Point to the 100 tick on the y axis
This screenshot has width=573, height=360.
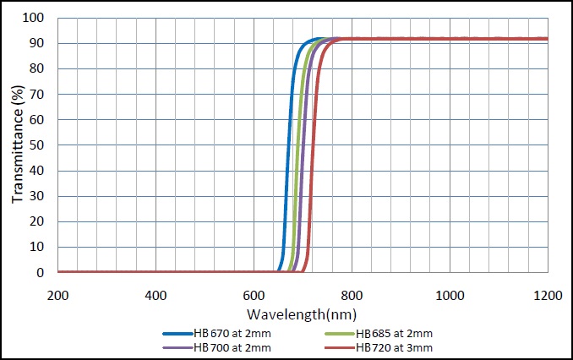coord(34,18)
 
